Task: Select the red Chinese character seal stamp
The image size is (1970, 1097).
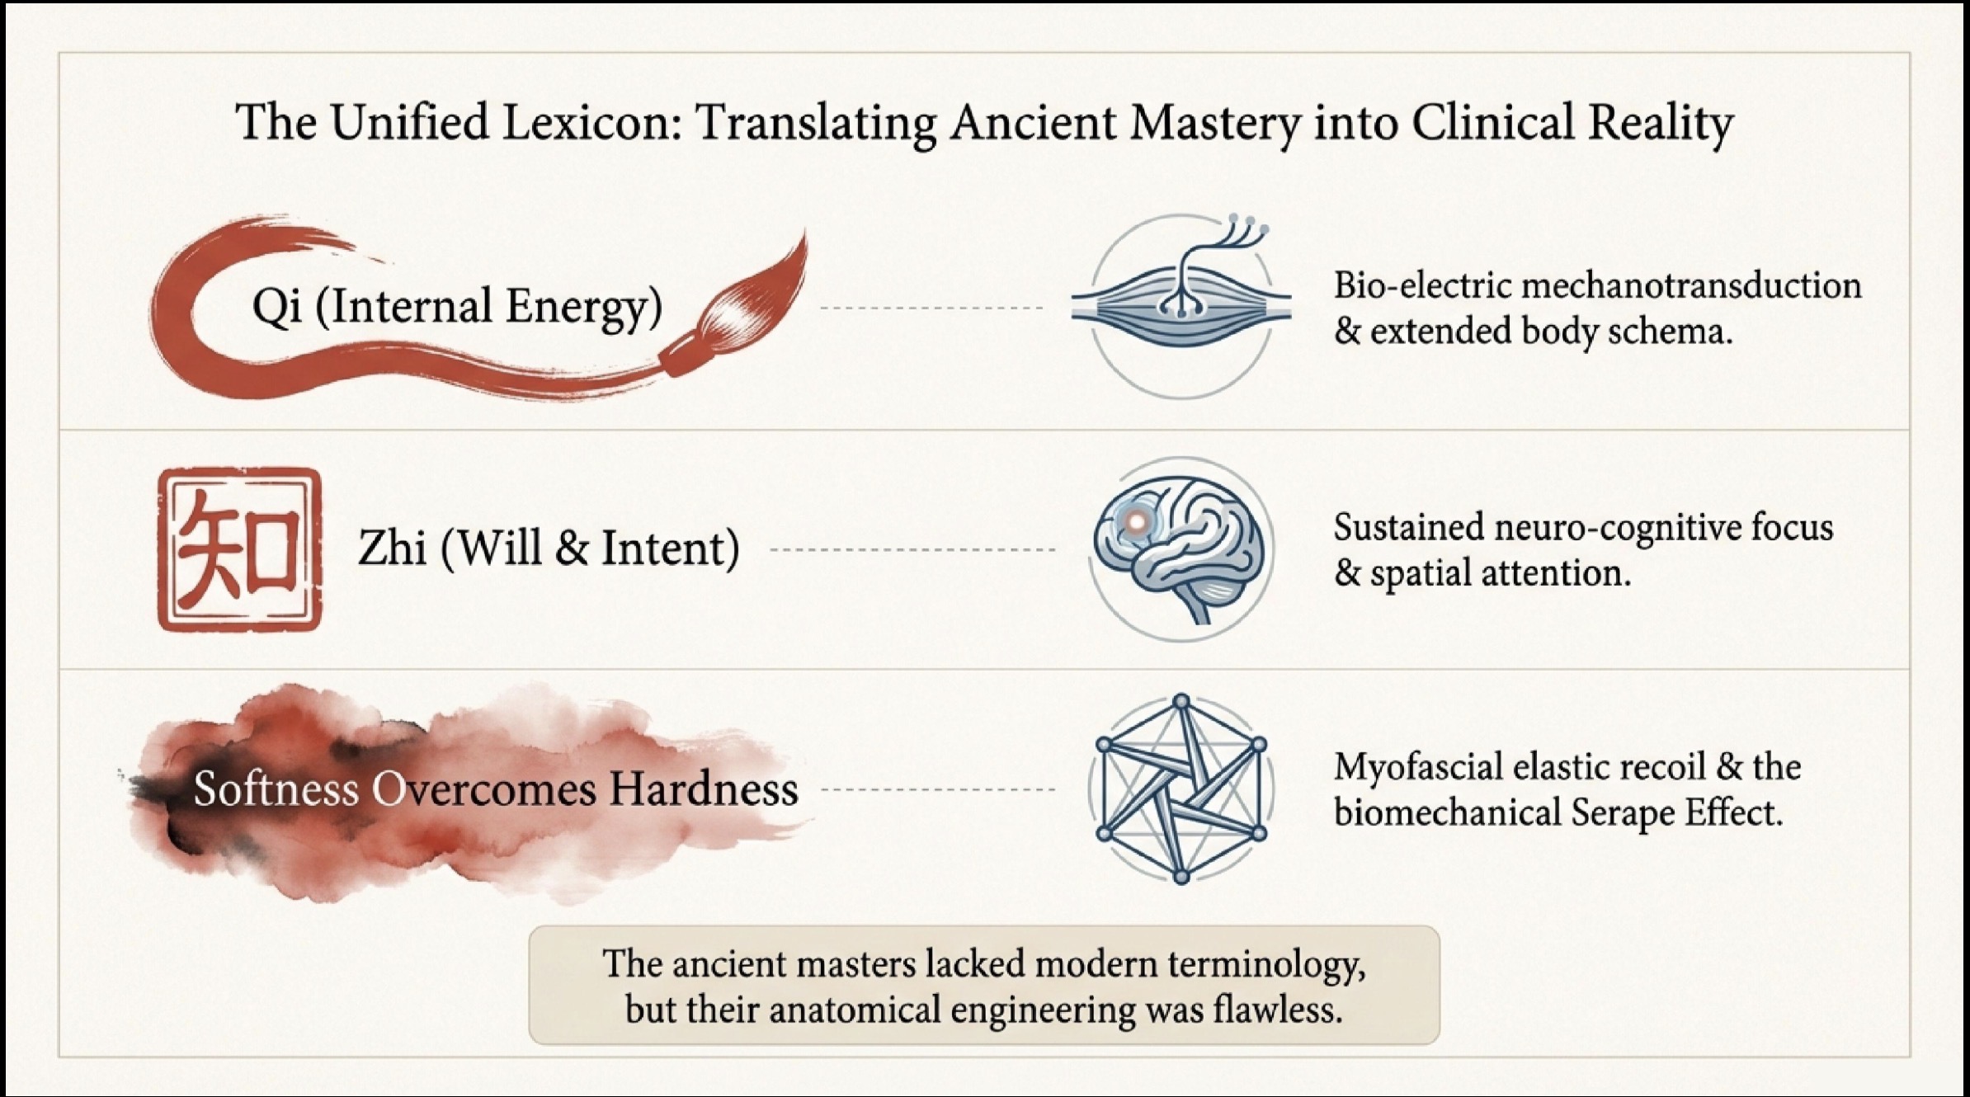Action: pyautogui.click(x=239, y=549)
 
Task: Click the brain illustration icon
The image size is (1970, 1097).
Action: pyautogui.click(x=1181, y=549)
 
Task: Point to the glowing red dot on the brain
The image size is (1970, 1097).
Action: pyautogui.click(x=1136, y=521)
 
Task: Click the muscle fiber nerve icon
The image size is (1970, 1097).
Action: pyautogui.click(x=1181, y=305)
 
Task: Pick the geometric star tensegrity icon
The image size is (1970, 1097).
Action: pyautogui.click(x=1181, y=789)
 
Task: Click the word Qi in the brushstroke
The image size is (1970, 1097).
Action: pyautogui.click(x=277, y=307)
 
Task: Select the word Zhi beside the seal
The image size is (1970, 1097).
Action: pyautogui.click(x=392, y=548)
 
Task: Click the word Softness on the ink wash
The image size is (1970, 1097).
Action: pyautogui.click(x=276, y=789)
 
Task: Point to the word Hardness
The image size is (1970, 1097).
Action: pyautogui.click(x=704, y=789)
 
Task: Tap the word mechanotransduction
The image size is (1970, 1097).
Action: pyautogui.click(x=1691, y=286)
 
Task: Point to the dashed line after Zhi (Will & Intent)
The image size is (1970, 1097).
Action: pyautogui.click(x=912, y=549)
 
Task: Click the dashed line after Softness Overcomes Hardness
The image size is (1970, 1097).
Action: pyautogui.click(x=938, y=789)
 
